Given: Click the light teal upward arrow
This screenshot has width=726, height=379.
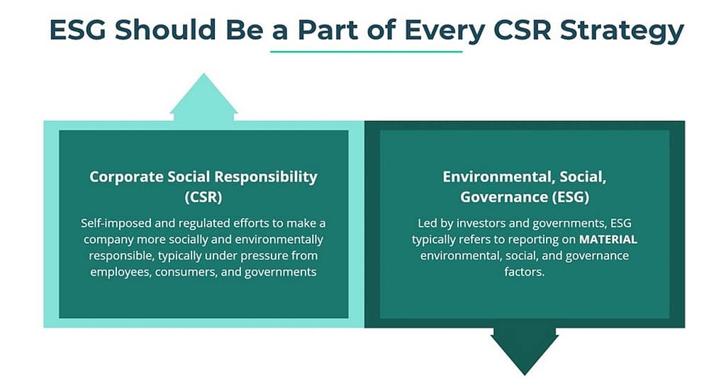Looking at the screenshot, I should point(204,99).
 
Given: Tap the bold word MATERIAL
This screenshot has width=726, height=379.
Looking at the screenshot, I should point(608,239).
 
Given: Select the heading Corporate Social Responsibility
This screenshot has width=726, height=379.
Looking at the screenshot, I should point(203,176).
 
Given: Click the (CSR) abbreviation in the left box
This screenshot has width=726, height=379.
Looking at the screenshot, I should point(203,196).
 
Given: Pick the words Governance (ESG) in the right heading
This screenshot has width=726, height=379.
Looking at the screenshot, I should point(525,196).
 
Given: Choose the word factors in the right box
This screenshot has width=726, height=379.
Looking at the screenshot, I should point(525,272).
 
